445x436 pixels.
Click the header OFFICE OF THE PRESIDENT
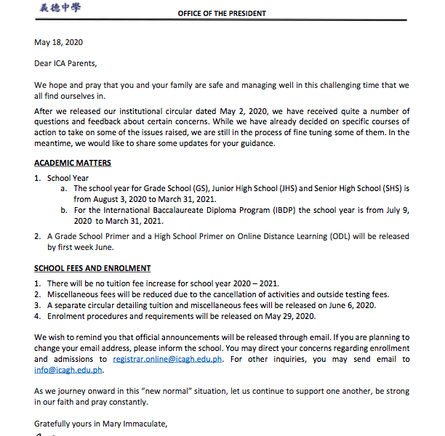tap(222, 13)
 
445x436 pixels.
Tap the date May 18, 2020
tap(58, 43)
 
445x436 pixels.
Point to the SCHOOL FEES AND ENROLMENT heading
tap(92, 268)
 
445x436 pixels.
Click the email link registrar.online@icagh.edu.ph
tap(168, 359)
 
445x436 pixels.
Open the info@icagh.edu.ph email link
tap(69, 370)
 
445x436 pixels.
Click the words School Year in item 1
tap(68, 177)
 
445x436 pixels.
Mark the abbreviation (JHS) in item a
tap(278, 187)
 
